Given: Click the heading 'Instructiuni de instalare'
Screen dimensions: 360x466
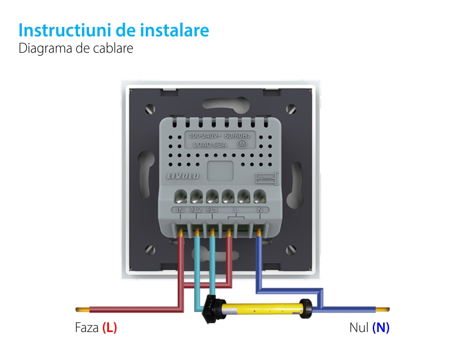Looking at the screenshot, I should pyautogui.click(x=114, y=30).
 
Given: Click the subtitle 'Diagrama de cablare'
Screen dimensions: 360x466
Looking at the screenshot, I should pyautogui.click(x=75, y=48).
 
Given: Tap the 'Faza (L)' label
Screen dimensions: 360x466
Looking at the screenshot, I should pyautogui.click(x=96, y=328).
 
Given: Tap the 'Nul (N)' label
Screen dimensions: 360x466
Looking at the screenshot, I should pyautogui.click(x=369, y=328).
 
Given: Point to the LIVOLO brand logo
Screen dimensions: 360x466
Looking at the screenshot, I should pyautogui.click(x=183, y=176).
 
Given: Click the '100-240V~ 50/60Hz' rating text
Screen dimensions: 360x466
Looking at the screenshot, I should pyautogui.click(x=219, y=136).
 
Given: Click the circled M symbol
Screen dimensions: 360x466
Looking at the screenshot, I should pyautogui.click(x=242, y=144).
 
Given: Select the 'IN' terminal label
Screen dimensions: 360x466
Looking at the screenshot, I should pyautogui.click(x=181, y=210).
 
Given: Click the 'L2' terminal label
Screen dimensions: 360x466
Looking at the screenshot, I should pyautogui.click(x=196, y=210).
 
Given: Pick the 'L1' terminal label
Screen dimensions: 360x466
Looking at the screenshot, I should pyautogui.click(x=212, y=210).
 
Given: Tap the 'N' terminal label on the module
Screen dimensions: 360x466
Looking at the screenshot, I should pyautogui.click(x=260, y=210).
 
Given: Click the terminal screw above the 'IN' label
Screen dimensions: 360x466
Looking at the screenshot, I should pyautogui.click(x=181, y=196).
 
